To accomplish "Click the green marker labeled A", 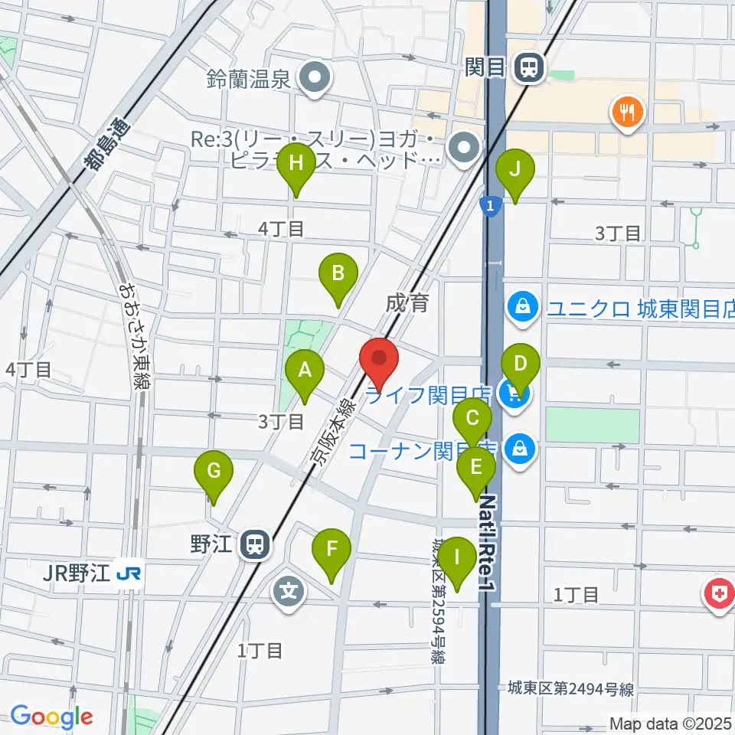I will (305, 371).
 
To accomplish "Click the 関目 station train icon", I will (528, 68).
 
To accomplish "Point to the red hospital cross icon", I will (721, 593).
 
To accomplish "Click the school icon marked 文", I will (289, 592).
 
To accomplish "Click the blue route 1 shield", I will (489, 205).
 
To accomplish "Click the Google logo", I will (51, 717).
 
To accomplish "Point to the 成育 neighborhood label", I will (407, 304).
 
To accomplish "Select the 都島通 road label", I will (104, 149).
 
